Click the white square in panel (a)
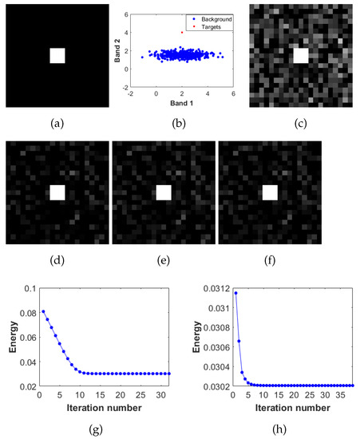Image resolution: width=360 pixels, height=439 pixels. (x=57, y=56)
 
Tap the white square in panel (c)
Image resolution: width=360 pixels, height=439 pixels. (x=300, y=55)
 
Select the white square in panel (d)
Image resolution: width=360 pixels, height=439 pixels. (x=57, y=192)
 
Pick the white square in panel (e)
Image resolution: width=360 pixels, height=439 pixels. (x=164, y=192)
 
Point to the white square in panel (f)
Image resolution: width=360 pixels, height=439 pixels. (x=270, y=192)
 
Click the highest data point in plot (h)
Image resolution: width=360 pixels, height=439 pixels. (x=235, y=293)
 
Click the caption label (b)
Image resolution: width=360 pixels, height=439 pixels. (x=179, y=125)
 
